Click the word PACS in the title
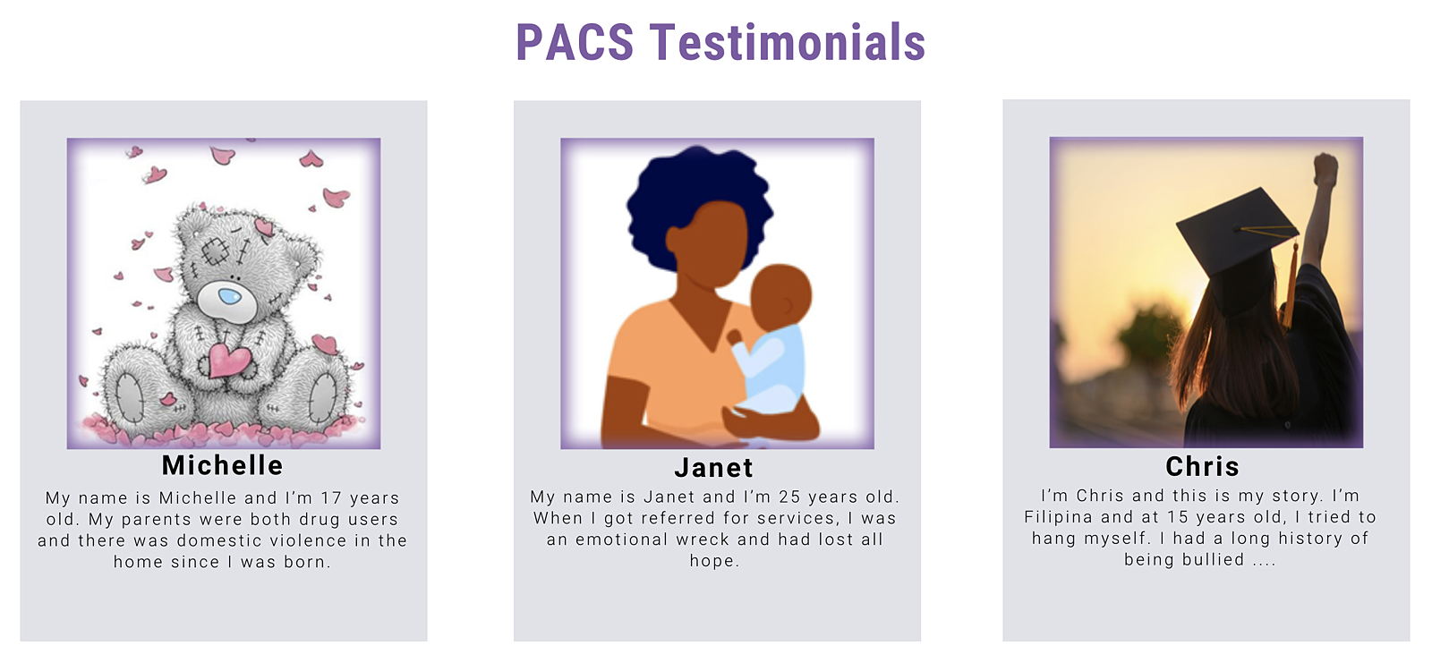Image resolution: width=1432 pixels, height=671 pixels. pyautogui.click(x=575, y=42)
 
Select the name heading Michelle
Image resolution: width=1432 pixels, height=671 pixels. pyautogui.click(x=222, y=465)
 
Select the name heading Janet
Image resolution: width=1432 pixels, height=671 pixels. pyautogui.click(x=713, y=468)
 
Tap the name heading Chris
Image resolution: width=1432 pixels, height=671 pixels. pyautogui.click(x=1203, y=466)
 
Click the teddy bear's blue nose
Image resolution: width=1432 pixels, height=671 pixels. pyautogui.click(x=229, y=296)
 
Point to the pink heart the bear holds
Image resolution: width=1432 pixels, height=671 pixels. pyautogui.click(x=229, y=361)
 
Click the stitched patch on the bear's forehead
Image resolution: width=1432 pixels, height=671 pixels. pyautogui.click(x=215, y=251)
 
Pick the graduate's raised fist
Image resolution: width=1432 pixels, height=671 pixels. pyautogui.click(x=1325, y=169)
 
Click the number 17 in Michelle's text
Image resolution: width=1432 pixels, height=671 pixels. pyautogui.click(x=332, y=497)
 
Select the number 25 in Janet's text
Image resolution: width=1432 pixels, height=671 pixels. pyautogui.click(x=789, y=497)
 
